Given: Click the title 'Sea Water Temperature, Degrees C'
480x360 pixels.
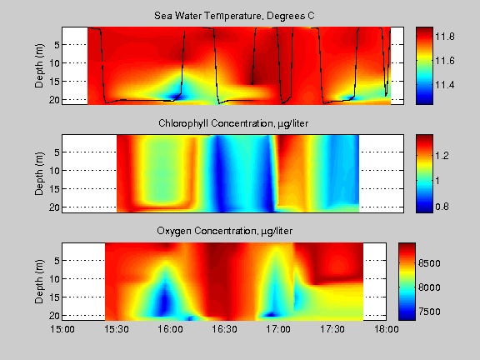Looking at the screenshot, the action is click(234, 16).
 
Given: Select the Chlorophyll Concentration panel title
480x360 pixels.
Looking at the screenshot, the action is click(233, 123).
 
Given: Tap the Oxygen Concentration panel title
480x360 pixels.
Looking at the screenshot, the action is click(225, 231).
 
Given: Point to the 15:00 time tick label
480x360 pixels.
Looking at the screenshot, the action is click(62, 329).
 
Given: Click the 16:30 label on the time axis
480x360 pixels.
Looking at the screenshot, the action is click(224, 329).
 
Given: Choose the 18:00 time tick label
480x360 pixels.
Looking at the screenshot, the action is click(387, 329).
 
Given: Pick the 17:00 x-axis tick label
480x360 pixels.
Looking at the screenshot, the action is click(278, 329).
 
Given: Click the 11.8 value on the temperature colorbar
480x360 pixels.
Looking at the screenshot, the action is click(445, 37).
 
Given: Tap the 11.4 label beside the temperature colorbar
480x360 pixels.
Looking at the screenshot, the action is click(445, 85).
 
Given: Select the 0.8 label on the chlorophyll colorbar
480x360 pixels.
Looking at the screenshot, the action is click(442, 207).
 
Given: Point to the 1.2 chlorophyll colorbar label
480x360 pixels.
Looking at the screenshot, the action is click(442, 156).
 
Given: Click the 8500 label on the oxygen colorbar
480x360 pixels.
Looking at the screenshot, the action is click(429, 263).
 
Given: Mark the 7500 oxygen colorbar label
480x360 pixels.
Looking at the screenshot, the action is click(429, 312).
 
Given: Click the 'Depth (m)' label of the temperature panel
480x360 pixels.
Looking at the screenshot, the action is click(39, 66).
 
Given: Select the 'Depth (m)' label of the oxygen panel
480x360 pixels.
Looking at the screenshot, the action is click(39, 282).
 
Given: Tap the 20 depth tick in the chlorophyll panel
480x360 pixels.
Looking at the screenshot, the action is click(54, 207).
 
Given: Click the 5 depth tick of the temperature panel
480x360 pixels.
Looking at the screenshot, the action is click(57, 45).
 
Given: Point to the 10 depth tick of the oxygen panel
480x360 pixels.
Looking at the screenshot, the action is click(54, 279).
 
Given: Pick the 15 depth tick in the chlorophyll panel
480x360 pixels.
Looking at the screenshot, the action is click(54, 189).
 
